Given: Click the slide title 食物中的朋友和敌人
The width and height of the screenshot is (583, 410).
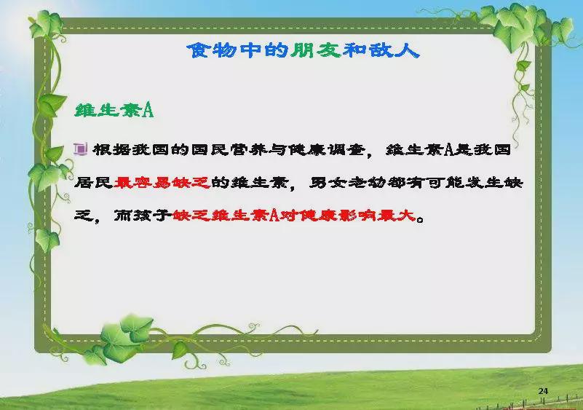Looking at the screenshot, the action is [303, 50].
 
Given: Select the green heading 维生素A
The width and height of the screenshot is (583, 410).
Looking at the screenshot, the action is [114, 111].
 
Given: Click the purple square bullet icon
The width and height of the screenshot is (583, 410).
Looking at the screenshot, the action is [81, 149].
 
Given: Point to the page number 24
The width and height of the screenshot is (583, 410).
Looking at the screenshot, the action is [543, 391].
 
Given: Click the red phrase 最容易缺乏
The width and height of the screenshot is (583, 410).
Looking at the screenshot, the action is [162, 183].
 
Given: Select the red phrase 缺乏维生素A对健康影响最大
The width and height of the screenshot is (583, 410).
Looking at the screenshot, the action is [294, 216].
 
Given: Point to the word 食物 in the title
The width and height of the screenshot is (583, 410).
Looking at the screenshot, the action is [212, 50].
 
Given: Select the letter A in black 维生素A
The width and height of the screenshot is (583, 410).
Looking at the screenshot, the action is [449, 150].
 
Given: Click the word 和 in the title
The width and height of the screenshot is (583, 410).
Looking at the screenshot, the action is [354, 50].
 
